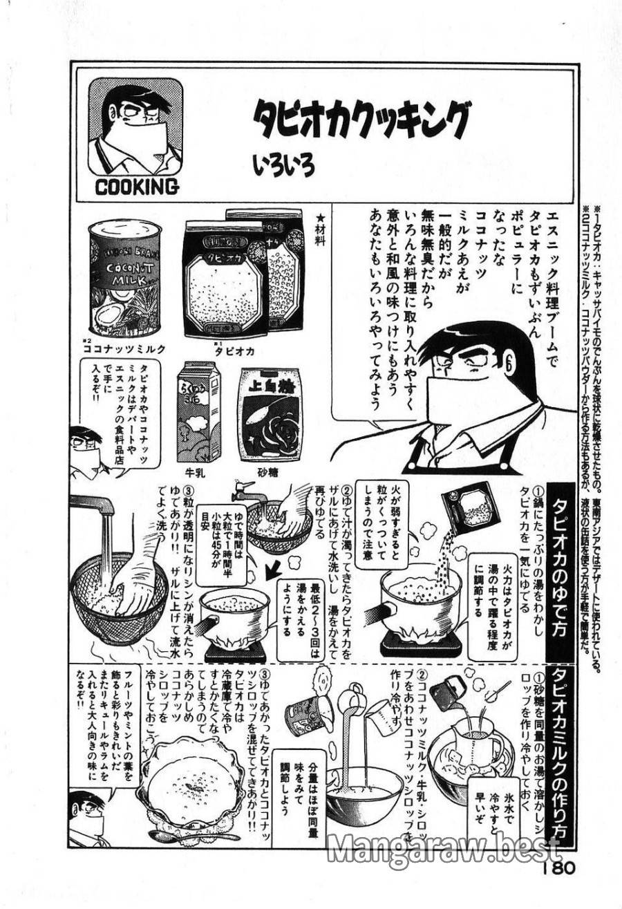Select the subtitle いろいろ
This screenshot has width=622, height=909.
tap(283, 166)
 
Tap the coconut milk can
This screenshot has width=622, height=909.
tap(125, 277)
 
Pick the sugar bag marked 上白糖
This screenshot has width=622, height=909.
tap(270, 414)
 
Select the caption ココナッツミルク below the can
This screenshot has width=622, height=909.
tap(124, 350)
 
